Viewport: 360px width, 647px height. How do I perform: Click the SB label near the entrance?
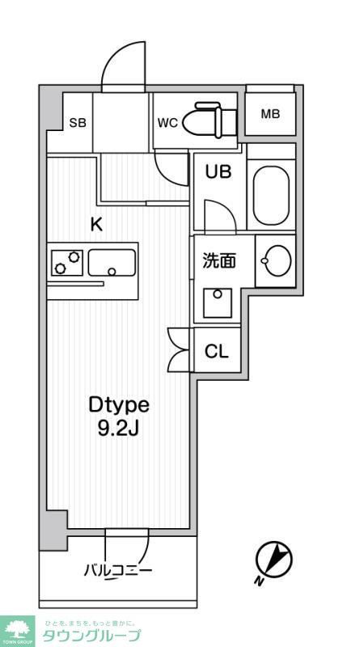(x=78, y=123)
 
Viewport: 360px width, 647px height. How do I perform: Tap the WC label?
(x=167, y=123)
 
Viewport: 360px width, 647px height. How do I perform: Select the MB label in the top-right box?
(x=270, y=114)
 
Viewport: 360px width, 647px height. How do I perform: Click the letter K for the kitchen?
(x=96, y=226)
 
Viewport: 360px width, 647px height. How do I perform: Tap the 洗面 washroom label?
(x=218, y=260)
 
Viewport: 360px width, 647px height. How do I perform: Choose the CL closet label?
(x=216, y=352)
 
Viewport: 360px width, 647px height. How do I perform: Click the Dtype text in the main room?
(x=119, y=404)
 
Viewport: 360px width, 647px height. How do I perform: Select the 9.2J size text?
(x=119, y=428)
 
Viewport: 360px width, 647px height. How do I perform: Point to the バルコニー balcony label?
(x=118, y=571)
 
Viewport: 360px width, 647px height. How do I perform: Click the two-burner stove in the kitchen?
(x=66, y=263)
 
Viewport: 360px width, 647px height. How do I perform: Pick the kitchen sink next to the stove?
(x=112, y=263)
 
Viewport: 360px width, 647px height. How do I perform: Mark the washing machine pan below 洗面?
(x=217, y=305)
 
